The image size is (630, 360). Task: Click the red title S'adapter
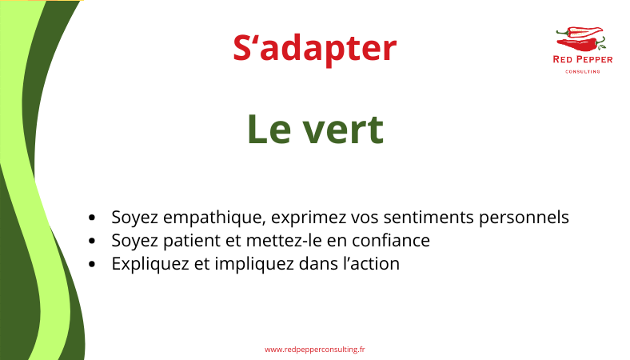pos(314,49)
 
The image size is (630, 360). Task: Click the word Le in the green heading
pos(269,130)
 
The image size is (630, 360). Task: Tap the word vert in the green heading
pos(343,130)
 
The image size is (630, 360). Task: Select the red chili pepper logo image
pos(581,39)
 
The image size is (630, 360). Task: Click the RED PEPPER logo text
pos(583,60)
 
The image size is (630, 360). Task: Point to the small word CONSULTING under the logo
pos(583,71)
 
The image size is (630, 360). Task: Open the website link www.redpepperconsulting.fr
pos(314,350)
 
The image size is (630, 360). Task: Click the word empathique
pos(214,218)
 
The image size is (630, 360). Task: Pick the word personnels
pos(524,218)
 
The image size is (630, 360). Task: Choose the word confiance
pos(391,241)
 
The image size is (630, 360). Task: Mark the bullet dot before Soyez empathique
pos(92,218)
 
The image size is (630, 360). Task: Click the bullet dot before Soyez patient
pos(92,241)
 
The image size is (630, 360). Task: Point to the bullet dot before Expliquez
pos(92,264)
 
